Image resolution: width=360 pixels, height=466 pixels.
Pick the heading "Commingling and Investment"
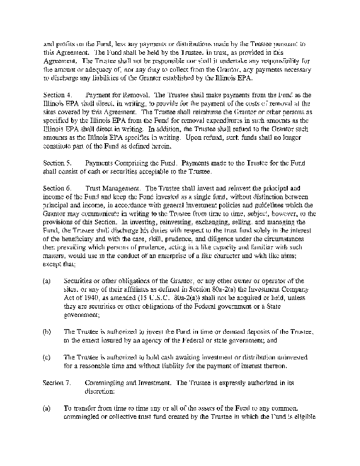(x=128, y=382)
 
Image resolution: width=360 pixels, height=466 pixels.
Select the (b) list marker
(x=47, y=331)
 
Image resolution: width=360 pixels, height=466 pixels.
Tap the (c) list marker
(x=47, y=357)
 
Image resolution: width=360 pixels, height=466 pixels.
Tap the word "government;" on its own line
(x=80, y=315)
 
